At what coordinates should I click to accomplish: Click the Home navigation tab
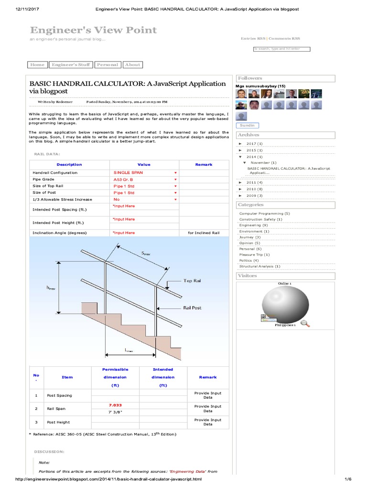tap(37, 65)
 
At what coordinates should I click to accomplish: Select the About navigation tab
tap(132, 65)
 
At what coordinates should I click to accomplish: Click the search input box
tap(281, 49)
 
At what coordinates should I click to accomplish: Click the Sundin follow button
tap(248, 126)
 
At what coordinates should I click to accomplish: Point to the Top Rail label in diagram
tap(193, 281)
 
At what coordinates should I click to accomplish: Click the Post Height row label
tap(58, 422)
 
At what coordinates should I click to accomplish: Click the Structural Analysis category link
tap(259, 266)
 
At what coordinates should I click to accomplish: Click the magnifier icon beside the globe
tap(305, 324)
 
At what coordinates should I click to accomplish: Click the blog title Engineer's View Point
tap(93, 30)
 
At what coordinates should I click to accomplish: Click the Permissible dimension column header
tap(115, 377)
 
